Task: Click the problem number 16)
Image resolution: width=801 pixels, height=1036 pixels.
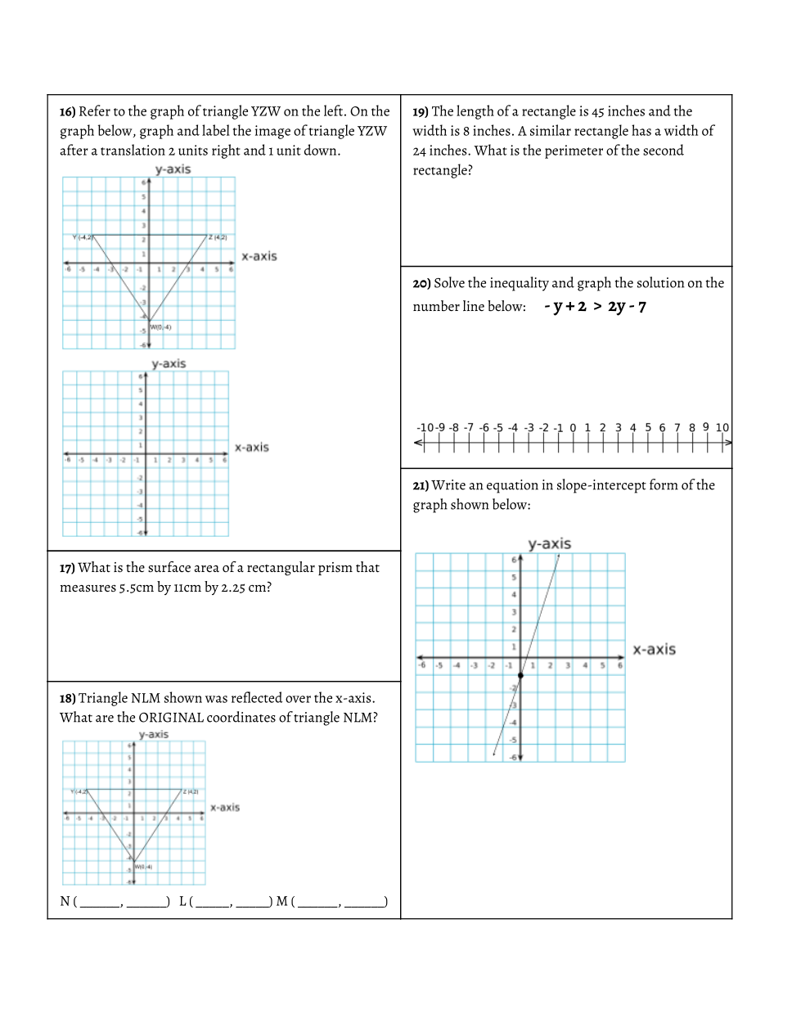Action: pyautogui.click(x=68, y=112)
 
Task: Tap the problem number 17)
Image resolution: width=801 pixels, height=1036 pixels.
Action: pyautogui.click(x=68, y=568)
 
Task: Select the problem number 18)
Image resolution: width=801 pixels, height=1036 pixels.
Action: pyautogui.click(x=68, y=699)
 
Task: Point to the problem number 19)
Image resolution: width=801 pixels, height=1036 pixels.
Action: pyautogui.click(x=421, y=112)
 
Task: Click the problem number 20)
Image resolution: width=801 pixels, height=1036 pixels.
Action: pyautogui.click(x=421, y=284)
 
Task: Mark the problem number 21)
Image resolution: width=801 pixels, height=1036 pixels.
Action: pyautogui.click(x=421, y=486)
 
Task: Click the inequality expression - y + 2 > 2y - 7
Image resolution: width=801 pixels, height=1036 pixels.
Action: pyautogui.click(x=595, y=307)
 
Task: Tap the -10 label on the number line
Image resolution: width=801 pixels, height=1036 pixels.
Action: pyautogui.click(x=425, y=427)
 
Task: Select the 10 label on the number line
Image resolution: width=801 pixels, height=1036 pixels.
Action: pyautogui.click(x=722, y=427)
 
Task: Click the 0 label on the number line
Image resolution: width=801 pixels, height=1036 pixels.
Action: pyautogui.click(x=573, y=427)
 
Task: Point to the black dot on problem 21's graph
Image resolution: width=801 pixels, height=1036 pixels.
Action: pyautogui.click(x=520, y=675)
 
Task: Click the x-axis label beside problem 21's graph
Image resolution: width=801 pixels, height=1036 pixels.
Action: pyautogui.click(x=654, y=650)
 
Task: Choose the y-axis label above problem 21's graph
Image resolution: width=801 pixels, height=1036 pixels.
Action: pyautogui.click(x=549, y=544)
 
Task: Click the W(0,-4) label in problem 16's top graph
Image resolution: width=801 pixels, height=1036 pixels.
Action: pyautogui.click(x=160, y=327)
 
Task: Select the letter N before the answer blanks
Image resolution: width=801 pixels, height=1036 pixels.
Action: pyautogui.click(x=65, y=901)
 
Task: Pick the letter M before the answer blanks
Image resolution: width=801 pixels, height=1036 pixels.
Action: pyautogui.click(x=281, y=901)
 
